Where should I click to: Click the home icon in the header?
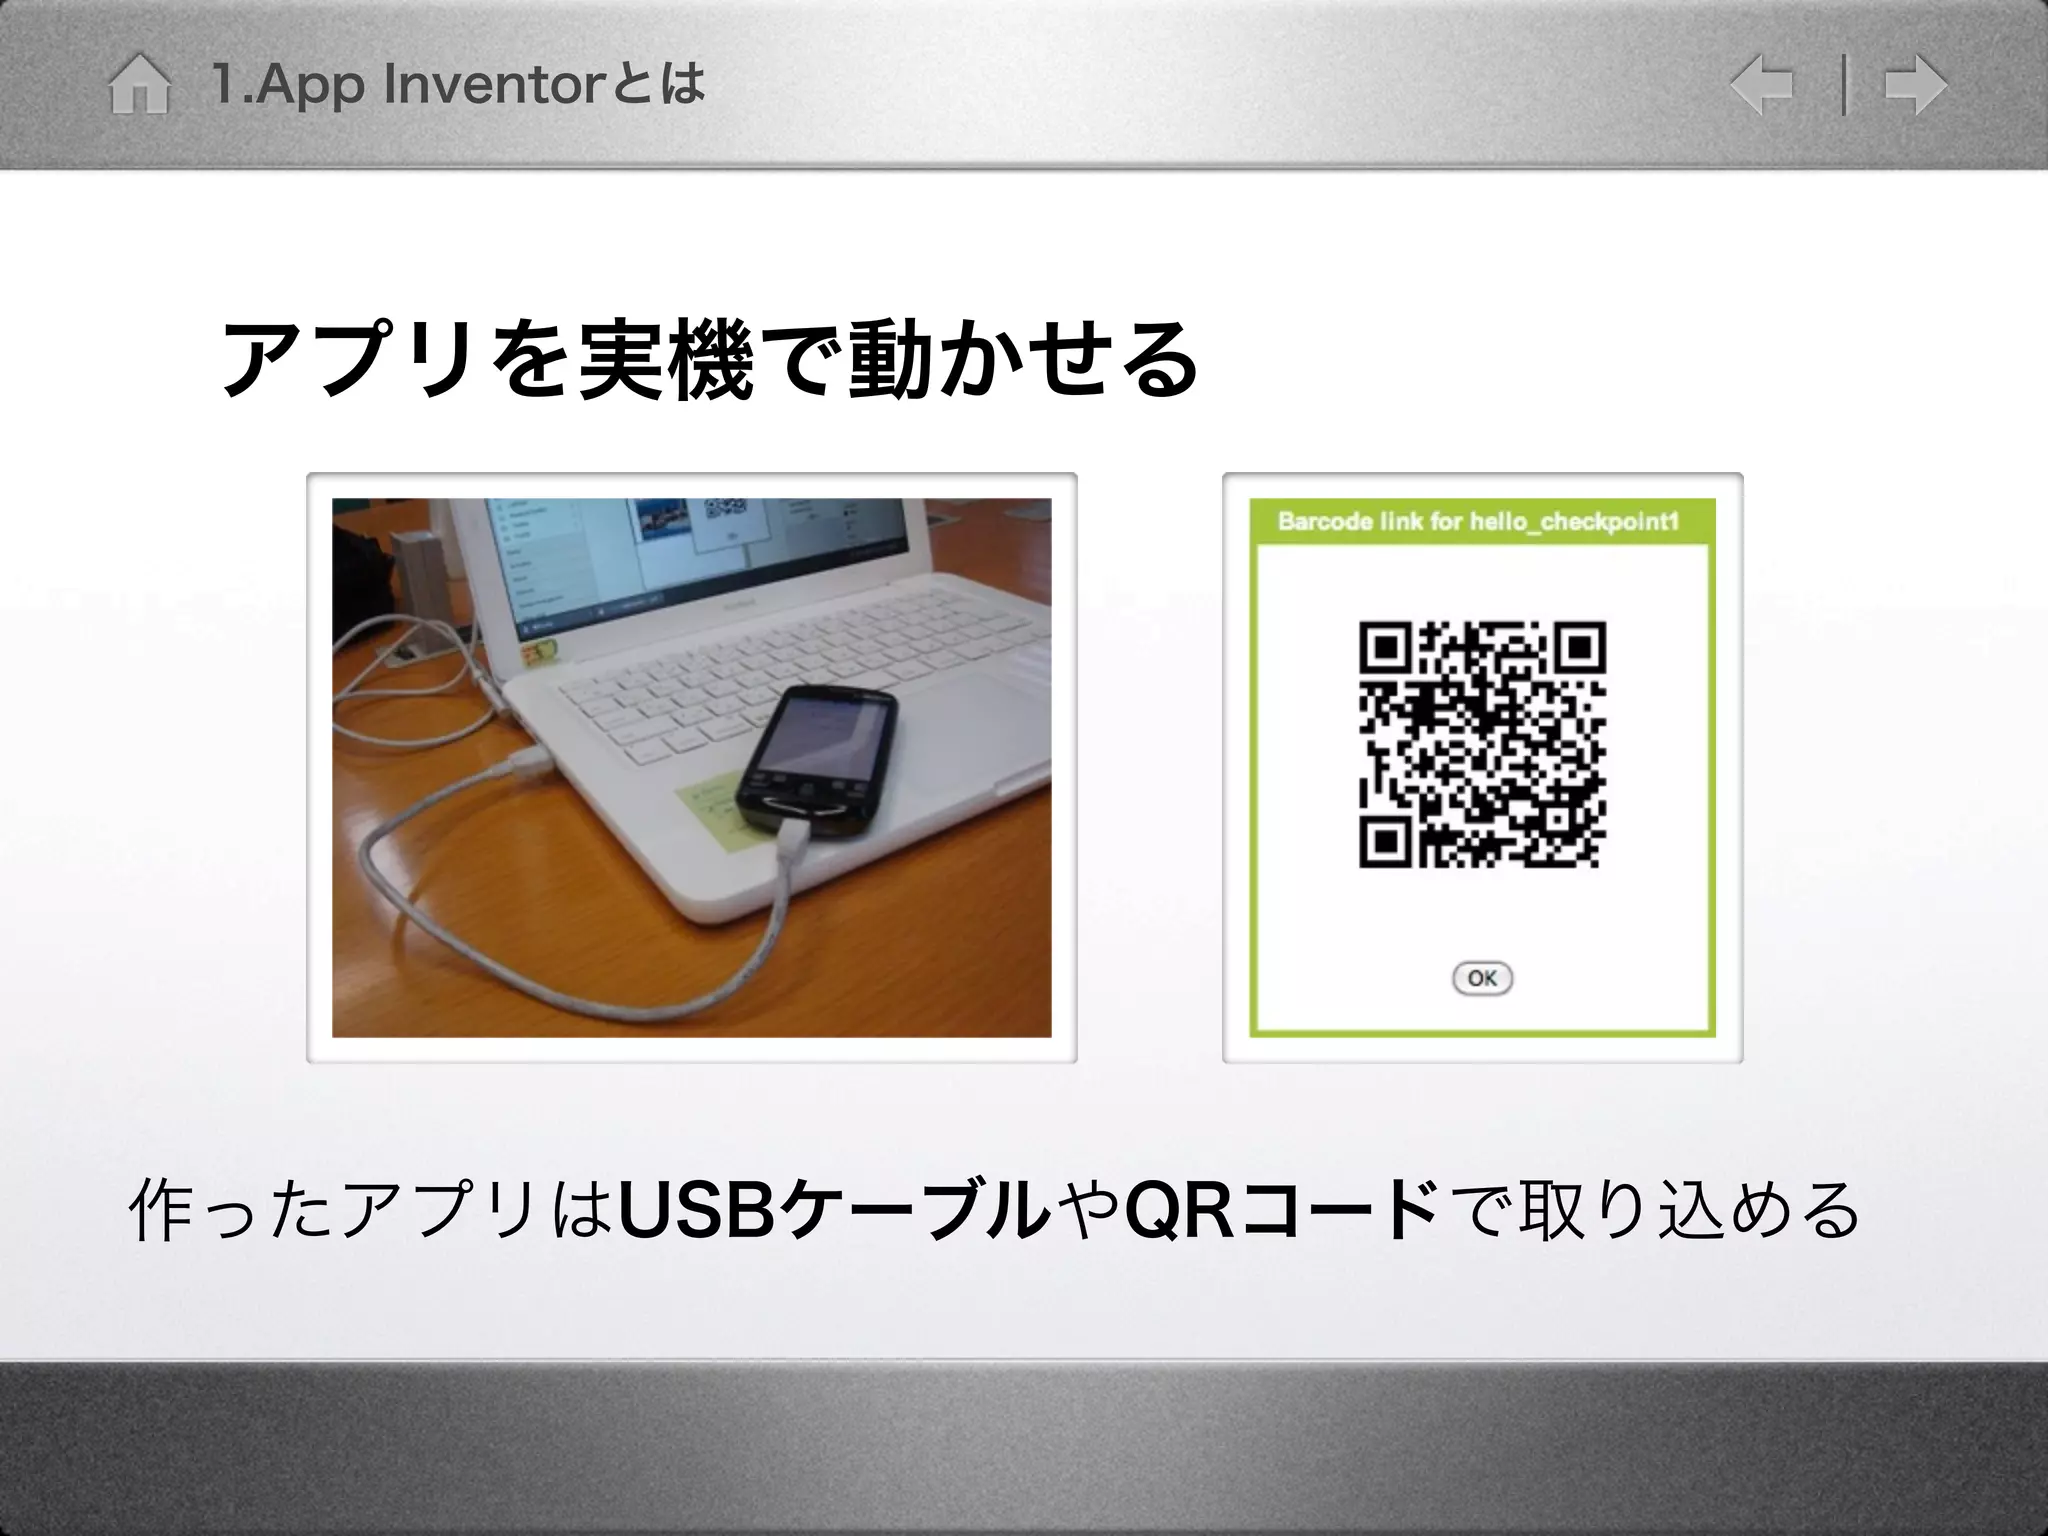[x=139, y=86]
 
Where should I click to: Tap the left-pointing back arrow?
[x=1762, y=86]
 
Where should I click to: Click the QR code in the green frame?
[x=1482, y=744]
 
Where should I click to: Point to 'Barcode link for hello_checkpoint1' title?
[x=1478, y=522]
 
